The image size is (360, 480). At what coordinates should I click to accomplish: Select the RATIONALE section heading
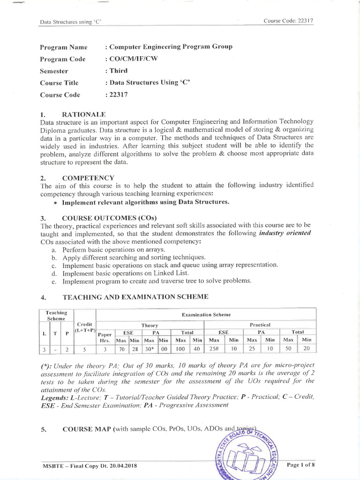pyautogui.click(x=84, y=114)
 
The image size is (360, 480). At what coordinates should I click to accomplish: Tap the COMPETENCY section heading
pyautogui.click(x=88, y=178)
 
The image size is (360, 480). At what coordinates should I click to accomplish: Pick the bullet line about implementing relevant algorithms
pyautogui.click(x=146, y=202)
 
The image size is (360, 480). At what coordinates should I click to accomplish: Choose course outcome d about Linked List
pyautogui.click(x=125, y=273)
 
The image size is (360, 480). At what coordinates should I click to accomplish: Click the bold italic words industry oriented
pyautogui.click(x=285, y=233)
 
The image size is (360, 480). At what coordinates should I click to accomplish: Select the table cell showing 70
pyautogui.click(x=122, y=349)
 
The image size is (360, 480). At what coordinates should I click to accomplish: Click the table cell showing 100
pyautogui.click(x=180, y=349)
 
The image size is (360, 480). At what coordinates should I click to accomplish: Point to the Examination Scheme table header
pyautogui.click(x=206, y=314)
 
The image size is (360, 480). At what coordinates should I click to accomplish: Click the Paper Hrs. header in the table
pyautogui.click(x=105, y=338)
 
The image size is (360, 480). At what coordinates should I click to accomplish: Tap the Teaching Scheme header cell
pyautogui.click(x=56, y=315)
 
